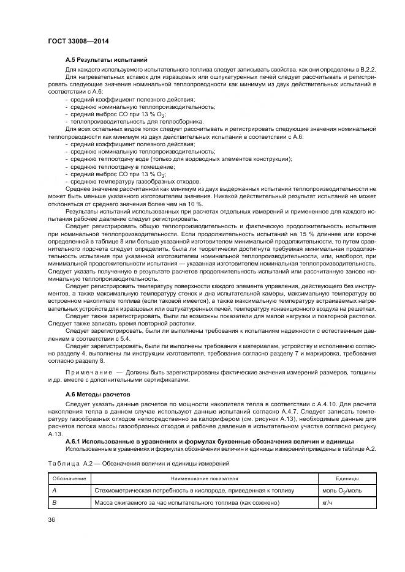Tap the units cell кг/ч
[327, 502]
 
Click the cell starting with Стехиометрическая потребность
[194, 490]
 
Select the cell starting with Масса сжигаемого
[186, 502]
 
